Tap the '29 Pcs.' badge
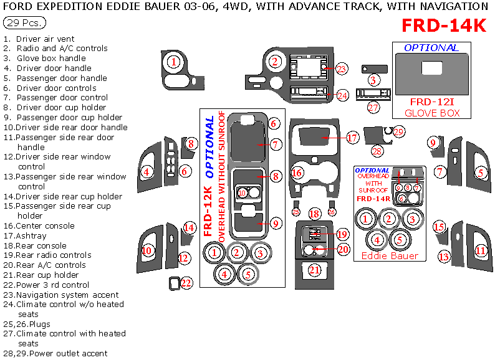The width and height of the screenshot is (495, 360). click(x=24, y=23)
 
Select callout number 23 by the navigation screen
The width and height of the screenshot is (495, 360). click(x=341, y=69)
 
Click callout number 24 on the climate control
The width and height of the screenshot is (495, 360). click(x=342, y=96)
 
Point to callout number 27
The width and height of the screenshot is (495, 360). click(x=373, y=108)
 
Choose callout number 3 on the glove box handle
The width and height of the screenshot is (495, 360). click(x=373, y=80)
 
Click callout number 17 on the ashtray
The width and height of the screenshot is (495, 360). click(x=352, y=138)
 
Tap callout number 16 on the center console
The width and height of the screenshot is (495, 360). click(x=297, y=173)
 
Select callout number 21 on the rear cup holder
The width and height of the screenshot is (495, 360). click(x=315, y=270)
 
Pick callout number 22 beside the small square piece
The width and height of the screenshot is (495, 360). click(x=186, y=283)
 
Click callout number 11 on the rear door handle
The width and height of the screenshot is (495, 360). click(x=480, y=251)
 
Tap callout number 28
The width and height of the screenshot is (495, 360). click(x=377, y=151)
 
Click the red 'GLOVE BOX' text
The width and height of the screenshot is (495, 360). click(x=432, y=113)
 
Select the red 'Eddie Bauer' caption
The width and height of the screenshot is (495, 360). click(x=390, y=255)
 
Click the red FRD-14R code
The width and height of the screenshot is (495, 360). click(x=373, y=199)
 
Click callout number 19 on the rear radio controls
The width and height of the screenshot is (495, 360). click(x=342, y=234)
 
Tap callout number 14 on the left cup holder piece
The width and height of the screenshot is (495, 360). click(x=189, y=228)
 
